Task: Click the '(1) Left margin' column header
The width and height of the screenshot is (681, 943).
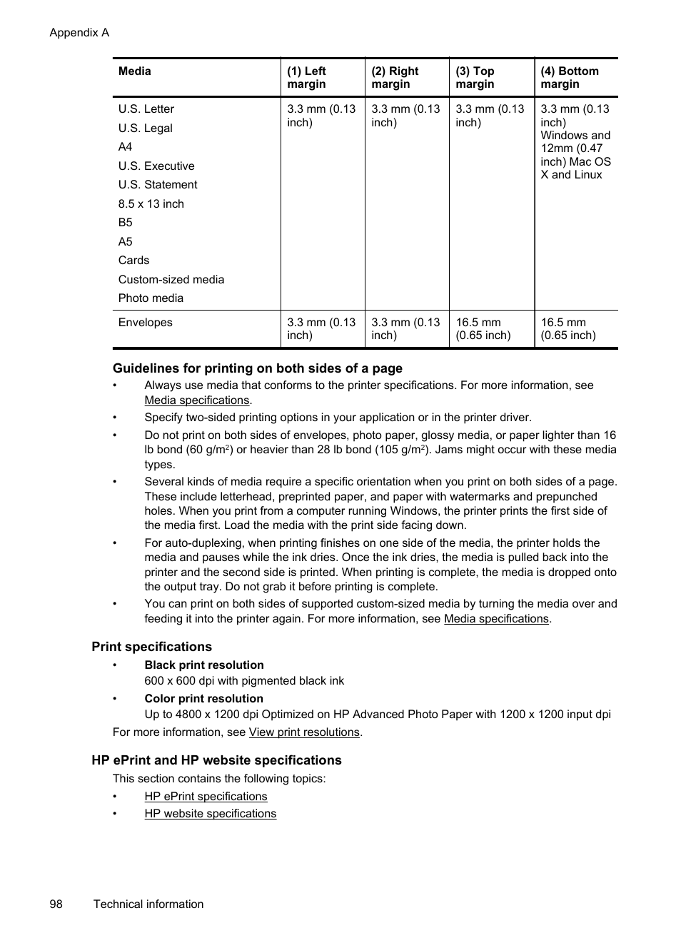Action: [307, 78]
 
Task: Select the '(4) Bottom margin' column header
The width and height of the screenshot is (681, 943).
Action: [569, 78]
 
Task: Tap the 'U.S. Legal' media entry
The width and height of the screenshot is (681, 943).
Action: [146, 128]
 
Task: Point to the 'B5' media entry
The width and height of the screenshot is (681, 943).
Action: [126, 223]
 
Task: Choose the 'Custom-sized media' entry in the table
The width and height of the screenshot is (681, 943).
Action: [171, 280]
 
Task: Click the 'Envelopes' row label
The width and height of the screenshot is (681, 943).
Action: [146, 323]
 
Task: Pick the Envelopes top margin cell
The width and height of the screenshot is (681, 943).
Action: [483, 329]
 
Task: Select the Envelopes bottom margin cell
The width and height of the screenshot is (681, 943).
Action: [568, 329]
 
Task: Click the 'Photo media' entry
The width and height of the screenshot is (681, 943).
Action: [151, 298]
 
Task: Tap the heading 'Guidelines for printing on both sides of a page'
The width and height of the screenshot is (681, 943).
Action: [258, 368]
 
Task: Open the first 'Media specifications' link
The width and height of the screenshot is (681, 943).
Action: [197, 400]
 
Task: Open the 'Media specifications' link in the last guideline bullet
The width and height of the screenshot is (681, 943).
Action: [496, 619]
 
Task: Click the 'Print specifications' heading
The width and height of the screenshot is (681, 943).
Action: [151, 647]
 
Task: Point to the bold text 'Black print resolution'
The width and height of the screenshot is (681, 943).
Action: [204, 665]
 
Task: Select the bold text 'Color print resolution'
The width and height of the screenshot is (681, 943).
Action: [203, 699]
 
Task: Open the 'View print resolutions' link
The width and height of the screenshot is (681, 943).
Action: [304, 732]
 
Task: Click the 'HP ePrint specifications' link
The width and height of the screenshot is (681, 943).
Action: [206, 797]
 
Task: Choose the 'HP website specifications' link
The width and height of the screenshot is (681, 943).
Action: [210, 814]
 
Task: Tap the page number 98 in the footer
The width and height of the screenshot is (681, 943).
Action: [56, 904]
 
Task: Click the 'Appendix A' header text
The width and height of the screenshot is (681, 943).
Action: [79, 33]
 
